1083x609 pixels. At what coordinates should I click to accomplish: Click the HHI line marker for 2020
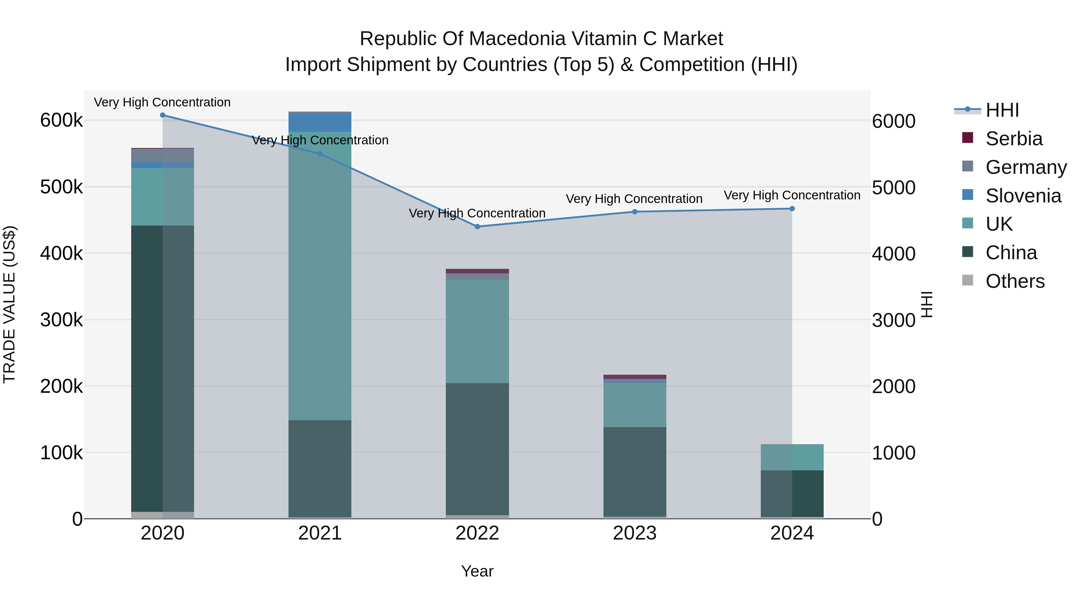coord(163,115)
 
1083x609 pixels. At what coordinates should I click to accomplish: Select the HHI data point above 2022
coord(477,226)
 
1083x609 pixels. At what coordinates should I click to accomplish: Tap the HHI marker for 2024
coord(792,208)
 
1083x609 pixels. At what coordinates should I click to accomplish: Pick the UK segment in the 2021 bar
coord(320,276)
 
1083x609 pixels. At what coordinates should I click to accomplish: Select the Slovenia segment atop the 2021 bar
coord(320,123)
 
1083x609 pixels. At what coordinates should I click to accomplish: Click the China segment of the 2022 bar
coord(477,449)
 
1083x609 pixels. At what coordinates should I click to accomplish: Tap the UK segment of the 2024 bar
coord(792,457)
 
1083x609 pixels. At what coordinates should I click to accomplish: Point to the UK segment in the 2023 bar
coord(635,405)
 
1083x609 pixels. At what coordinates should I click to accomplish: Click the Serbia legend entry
coord(1014,139)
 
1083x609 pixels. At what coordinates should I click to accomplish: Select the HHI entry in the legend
coord(1002,110)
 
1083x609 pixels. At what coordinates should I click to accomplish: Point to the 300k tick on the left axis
coord(61,320)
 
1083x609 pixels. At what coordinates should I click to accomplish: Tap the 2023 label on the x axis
coord(635,533)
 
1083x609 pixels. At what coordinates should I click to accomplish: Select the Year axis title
coord(477,571)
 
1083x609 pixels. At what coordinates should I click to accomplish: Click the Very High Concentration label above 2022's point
coord(477,213)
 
